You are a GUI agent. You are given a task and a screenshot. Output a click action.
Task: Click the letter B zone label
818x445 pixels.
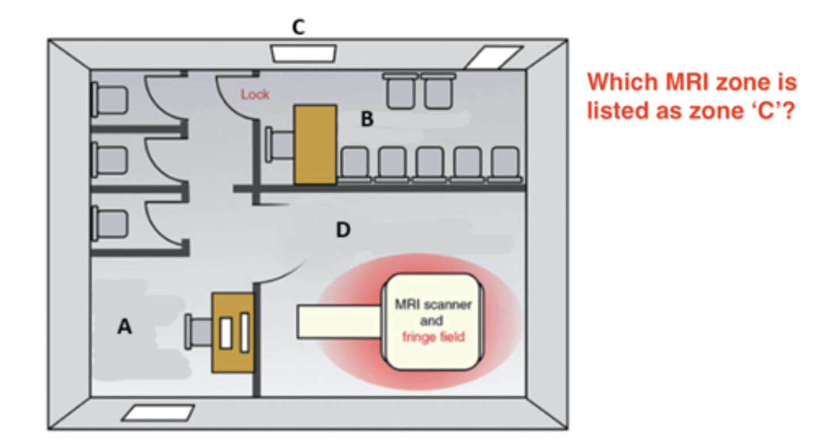click(368, 120)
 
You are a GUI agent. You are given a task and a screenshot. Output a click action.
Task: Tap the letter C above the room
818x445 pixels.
click(298, 27)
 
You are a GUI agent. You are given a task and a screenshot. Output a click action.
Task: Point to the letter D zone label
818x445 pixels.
click(343, 230)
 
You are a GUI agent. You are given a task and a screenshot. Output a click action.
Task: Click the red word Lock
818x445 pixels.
click(255, 94)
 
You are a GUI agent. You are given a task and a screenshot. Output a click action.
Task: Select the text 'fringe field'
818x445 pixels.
click(433, 336)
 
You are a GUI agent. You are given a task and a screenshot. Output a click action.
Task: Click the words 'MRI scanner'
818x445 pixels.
click(433, 305)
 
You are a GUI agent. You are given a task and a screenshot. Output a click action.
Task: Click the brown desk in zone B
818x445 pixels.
click(315, 144)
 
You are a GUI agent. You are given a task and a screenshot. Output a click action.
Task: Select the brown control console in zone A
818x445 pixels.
click(233, 332)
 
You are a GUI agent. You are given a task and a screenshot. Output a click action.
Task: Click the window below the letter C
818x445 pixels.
click(303, 53)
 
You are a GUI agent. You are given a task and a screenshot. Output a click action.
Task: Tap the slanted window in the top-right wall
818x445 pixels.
click(493, 57)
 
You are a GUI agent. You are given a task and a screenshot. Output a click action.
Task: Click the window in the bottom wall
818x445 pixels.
click(158, 413)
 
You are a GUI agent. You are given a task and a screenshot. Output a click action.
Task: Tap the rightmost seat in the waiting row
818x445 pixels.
click(505, 163)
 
